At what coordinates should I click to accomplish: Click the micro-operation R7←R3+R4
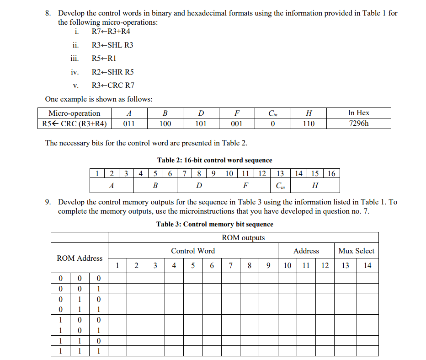107,32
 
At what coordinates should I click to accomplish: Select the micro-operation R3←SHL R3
112,45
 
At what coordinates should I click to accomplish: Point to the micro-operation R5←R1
104,59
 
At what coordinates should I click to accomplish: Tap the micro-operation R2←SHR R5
112,72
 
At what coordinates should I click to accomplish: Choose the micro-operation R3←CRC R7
113,85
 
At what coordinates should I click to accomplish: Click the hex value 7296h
358,124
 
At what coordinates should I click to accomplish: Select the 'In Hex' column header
358,113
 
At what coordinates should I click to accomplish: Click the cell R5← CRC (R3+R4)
75,124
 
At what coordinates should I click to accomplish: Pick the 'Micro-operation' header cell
75,113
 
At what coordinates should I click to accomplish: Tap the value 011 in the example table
129,124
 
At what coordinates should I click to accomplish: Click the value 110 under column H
309,124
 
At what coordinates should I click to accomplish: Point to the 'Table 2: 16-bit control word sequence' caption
214,160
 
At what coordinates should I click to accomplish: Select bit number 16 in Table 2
331,173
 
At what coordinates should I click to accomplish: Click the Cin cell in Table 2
280,186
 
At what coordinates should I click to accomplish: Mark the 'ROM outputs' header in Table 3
243,237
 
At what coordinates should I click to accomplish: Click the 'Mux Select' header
356,251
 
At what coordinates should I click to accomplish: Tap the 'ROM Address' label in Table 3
80,258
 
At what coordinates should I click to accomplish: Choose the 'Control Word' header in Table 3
193,251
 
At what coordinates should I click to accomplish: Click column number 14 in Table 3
367,265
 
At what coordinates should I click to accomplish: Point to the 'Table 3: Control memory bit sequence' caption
214,224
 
